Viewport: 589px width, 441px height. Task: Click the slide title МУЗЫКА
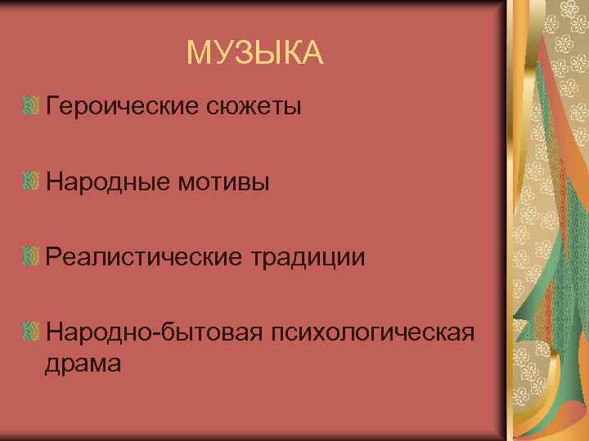(x=254, y=53)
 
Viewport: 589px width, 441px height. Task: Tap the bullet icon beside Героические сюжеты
(x=31, y=105)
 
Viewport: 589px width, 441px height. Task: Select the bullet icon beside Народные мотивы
(x=31, y=181)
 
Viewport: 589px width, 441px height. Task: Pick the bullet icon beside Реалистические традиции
(x=31, y=257)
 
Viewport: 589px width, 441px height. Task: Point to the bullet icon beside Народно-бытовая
(x=31, y=333)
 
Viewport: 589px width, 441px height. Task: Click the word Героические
(x=119, y=105)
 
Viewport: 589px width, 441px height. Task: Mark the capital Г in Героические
(x=53, y=105)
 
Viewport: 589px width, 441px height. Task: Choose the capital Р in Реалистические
(x=54, y=257)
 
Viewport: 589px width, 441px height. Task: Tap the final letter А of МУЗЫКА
(x=313, y=53)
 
